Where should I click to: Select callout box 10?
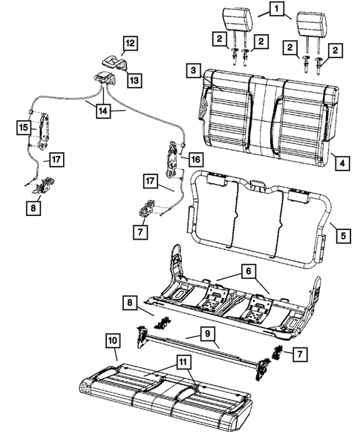click(112, 341)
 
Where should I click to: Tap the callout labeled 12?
click(130, 44)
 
